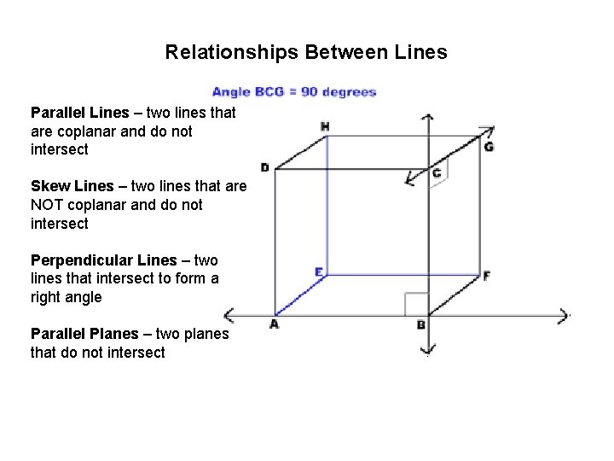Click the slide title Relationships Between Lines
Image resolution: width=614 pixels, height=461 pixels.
click(x=305, y=53)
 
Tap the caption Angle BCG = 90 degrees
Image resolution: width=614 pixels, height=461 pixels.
click(x=294, y=92)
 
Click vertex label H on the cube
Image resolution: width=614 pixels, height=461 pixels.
click(x=325, y=126)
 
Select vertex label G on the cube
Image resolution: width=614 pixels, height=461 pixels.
click(x=488, y=147)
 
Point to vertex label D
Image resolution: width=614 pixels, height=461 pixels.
click(x=264, y=167)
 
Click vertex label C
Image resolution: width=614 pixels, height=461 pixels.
click(x=437, y=173)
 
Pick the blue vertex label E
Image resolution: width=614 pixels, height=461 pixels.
click(x=318, y=271)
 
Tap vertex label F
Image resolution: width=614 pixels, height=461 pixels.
click(x=486, y=276)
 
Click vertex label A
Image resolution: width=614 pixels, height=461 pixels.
click(x=274, y=324)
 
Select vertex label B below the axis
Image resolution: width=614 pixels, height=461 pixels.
click(x=420, y=325)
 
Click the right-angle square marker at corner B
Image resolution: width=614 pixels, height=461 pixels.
click(x=415, y=304)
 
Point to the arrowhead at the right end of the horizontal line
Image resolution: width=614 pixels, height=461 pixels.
click(x=563, y=315)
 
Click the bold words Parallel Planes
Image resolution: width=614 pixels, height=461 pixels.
click(x=84, y=334)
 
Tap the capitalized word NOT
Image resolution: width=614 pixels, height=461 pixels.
click(x=48, y=205)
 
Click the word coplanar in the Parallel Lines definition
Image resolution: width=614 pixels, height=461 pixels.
click(x=85, y=131)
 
